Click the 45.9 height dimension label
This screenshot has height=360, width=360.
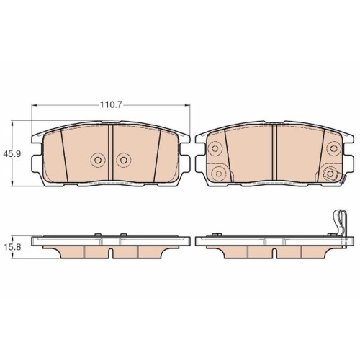pyautogui.click(x=12, y=153)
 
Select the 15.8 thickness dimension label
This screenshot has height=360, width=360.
pyautogui.click(x=12, y=247)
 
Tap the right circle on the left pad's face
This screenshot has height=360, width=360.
pyautogui.click(x=123, y=160)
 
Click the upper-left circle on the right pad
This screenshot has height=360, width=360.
pyautogui.click(x=214, y=148)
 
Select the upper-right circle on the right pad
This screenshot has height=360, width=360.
pyautogui.click(x=332, y=148)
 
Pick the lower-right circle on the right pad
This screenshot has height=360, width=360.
pyautogui.click(x=330, y=174)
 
